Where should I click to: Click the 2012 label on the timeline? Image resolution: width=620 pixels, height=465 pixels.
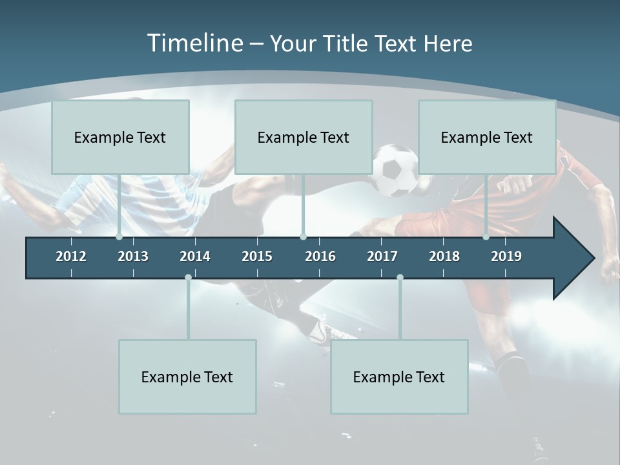(x=71, y=256)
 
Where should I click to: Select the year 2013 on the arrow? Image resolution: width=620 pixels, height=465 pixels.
(x=133, y=256)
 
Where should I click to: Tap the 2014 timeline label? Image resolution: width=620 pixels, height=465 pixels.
(x=195, y=256)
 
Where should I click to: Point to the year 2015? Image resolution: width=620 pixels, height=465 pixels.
(x=257, y=256)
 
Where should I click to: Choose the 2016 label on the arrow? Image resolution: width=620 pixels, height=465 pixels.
(x=320, y=256)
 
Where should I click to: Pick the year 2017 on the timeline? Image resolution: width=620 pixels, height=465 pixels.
(x=382, y=256)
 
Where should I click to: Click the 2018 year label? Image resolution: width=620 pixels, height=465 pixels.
(x=444, y=256)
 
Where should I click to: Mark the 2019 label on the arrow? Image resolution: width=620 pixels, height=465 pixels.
(x=506, y=256)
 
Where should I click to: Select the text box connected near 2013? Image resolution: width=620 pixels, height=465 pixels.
(x=120, y=138)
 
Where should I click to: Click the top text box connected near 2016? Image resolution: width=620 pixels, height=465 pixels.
(x=304, y=138)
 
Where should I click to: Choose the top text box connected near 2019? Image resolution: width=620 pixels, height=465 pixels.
(x=487, y=138)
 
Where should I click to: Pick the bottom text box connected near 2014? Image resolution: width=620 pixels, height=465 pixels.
(x=187, y=377)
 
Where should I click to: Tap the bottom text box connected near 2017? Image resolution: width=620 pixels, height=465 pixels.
(x=399, y=377)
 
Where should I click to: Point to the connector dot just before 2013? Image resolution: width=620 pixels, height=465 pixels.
(x=119, y=237)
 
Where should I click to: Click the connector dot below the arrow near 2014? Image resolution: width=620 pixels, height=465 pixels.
(x=188, y=278)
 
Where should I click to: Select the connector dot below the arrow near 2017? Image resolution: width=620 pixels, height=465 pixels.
(x=400, y=278)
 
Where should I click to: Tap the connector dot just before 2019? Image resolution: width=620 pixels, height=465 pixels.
(x=486, y=237)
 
